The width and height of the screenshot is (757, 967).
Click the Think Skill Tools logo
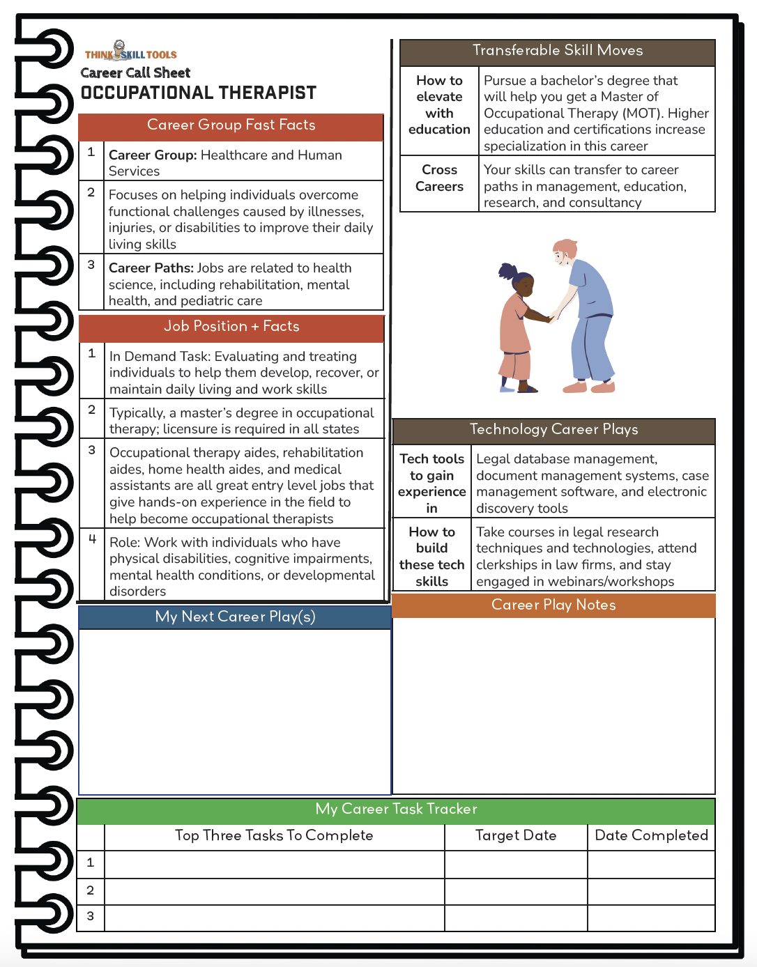point(130,52)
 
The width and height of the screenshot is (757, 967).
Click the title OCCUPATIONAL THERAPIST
point(199,93)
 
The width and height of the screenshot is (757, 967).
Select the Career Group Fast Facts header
point(231,125)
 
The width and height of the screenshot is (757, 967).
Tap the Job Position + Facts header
point(231,327)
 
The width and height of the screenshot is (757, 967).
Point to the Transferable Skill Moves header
point(557,51)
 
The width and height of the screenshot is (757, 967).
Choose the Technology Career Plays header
point(553,430)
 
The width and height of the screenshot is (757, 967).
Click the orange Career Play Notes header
point(553,605)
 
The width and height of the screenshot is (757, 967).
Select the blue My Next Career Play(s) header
point(235,617)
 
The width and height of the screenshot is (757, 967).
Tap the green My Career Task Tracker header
point(396,810)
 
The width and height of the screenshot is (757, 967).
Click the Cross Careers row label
point(439,178)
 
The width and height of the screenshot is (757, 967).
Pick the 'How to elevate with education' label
point(439,105)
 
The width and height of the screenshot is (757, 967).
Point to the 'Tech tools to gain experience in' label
point(431,483)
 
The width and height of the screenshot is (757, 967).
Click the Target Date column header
point(516,836)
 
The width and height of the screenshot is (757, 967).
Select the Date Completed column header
point(651,836)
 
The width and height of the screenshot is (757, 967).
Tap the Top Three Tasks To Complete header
point(274,836)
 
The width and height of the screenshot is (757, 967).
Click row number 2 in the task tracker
point(91,890)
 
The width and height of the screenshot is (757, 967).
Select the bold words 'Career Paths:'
point(151,268)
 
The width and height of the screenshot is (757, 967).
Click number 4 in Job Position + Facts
point(92,539)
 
